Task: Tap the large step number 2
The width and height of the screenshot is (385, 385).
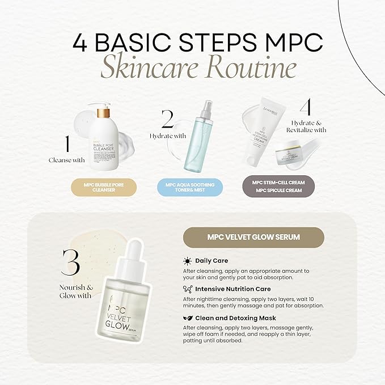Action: (167, 120)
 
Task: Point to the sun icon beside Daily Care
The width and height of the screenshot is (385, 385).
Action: (187, 261)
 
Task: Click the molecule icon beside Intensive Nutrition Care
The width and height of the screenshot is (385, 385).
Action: (187, 289)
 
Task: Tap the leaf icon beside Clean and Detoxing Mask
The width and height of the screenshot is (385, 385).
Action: (187, 318)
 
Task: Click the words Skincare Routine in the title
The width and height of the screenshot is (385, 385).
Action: (198, 68)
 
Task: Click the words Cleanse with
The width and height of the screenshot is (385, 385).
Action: (66, 160)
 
